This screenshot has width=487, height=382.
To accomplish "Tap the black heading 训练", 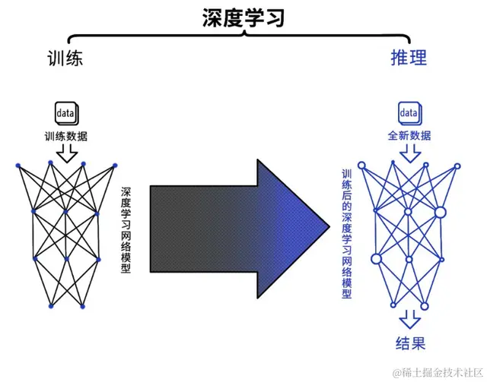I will click(64, 58).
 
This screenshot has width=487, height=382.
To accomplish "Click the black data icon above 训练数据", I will click(66, 113).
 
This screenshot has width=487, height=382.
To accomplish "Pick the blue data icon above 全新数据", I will click(409, 113).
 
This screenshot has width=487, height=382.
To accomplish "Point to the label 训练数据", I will click(65, 137).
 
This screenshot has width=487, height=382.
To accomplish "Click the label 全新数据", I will click(409, 137).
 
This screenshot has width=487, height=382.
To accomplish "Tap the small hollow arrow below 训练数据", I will click(67, 154).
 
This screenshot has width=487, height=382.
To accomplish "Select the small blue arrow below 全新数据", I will click(409, 154).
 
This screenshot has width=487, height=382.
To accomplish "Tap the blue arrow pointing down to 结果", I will click(409, 317).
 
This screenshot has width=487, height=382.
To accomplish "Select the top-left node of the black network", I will click(17, 163).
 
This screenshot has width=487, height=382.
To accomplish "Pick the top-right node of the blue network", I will click(457, 163).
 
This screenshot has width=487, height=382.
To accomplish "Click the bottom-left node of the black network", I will click(50, 306).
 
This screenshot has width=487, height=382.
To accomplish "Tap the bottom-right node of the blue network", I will click(425, 306).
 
